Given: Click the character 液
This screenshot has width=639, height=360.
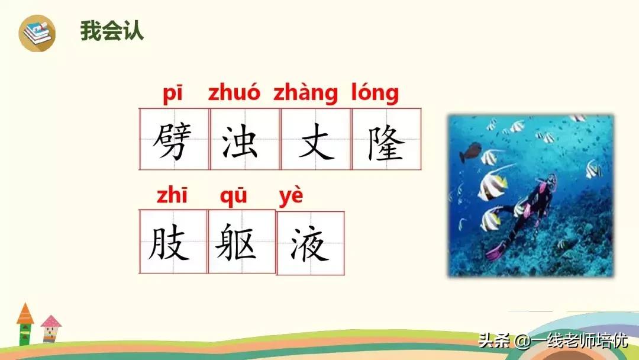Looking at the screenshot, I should point(309,243).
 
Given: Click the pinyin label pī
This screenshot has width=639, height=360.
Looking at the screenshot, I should point(173,94).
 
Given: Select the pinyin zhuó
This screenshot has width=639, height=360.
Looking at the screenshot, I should point(234,94).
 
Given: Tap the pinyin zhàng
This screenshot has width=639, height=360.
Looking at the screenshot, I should point(305,95).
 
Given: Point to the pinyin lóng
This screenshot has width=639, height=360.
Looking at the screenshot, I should point(375,94).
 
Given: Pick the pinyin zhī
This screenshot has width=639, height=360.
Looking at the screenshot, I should point(172,195).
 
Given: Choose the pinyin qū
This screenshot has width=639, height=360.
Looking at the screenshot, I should point(233,197).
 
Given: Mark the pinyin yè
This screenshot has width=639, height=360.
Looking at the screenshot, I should point(291,197).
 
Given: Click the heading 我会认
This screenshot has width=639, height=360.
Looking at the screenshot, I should point(112,31).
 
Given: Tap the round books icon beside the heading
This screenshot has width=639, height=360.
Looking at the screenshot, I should point(37,33).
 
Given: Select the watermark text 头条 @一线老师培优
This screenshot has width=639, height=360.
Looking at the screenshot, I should point(553,340).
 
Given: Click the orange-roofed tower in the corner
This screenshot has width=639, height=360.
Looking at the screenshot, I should point(25,324).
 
